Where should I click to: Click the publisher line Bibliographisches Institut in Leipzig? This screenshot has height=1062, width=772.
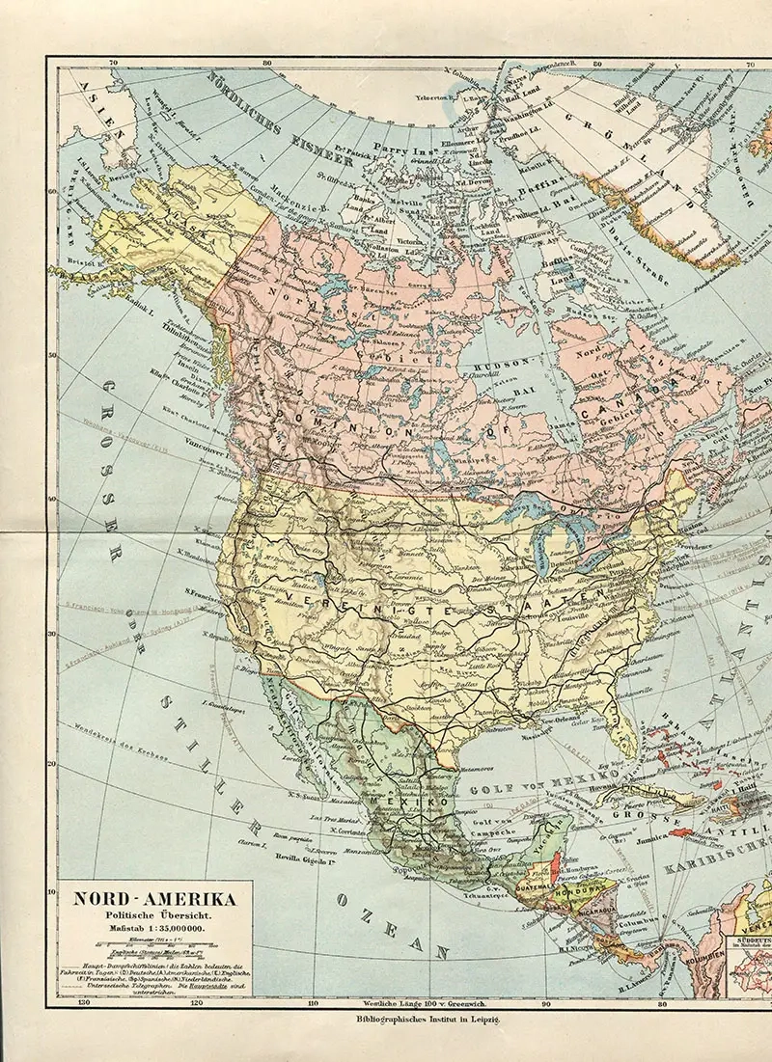(424, 1017)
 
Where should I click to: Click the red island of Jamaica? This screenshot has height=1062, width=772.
(680, 832)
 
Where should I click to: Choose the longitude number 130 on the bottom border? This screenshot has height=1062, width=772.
(86, 1002)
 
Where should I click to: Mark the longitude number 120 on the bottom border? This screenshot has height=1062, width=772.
(196, 1002)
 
